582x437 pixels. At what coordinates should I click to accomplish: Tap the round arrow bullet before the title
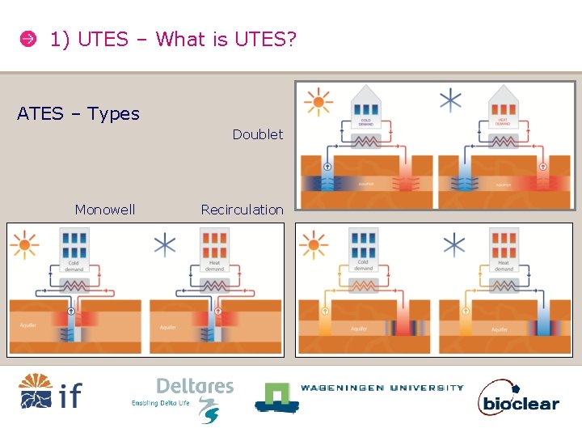tap(27, 39)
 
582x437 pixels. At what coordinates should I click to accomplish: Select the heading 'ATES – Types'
tap(78, 114)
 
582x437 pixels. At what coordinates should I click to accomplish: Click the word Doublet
tap(258, 134)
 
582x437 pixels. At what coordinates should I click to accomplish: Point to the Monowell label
tap(105, 210)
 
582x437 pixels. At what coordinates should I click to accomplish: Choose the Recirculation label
tap(242, 210)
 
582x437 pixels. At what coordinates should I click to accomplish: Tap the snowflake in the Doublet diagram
tap(451, 100)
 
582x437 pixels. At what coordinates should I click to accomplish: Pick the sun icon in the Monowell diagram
tap(25, 243)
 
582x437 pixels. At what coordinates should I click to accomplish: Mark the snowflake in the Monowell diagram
tap(165, 244)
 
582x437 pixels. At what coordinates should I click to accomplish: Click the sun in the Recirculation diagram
tap(314, 243)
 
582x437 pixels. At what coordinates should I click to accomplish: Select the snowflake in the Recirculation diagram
tap(455, 244)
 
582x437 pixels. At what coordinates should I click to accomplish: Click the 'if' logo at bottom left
tap(50, 392)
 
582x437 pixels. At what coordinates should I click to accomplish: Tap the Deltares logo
tap(194, 397)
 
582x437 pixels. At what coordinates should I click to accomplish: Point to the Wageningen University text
tap(382, 388)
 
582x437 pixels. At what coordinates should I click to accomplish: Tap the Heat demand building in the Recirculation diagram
tap(504, 252)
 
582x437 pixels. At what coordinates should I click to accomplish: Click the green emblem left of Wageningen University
tap(274, 396)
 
